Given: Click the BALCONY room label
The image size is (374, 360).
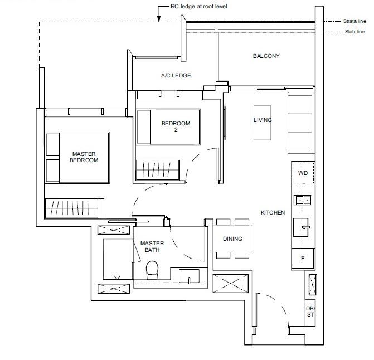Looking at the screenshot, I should click(x=266, y=56).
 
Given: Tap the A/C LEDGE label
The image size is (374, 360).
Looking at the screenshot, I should click(x=176, y=76).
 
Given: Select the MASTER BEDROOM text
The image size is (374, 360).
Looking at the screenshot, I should click(x=84, y=157).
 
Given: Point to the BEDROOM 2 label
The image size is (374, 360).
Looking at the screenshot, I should click(x=176, y=127).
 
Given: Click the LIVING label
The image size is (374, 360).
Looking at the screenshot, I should click(x=263, y=120).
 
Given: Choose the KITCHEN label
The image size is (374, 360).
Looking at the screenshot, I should click(x=273, y=213).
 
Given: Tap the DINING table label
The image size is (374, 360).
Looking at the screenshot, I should click(x=232, y=239).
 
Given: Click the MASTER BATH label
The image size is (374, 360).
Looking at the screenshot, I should click(x=152, y=247).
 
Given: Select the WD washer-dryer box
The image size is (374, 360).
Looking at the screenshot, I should click(x=303, y=173).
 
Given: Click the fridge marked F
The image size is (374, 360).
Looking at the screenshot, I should click(x=303, y=259).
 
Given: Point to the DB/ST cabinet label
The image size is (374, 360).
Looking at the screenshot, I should click(x=310, y=312).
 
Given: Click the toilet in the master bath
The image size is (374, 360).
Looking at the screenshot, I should click(x=152, y=272).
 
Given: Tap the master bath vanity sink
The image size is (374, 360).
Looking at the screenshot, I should click(x=190, y=276).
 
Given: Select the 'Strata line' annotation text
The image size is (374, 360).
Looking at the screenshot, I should click(x=355, y=21).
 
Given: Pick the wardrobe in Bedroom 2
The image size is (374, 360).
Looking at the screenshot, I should click(x=158, y=169).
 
